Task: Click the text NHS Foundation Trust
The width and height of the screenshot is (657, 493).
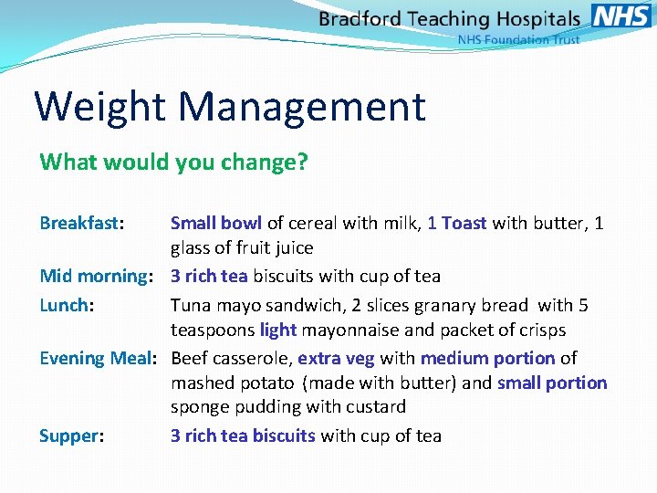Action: point(517,40)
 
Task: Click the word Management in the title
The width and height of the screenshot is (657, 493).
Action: point(302,107)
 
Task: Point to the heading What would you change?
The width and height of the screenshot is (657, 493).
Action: point(174,163)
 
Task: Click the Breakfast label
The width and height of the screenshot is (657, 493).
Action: point(80,223)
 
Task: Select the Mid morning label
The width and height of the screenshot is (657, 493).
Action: point(93,276)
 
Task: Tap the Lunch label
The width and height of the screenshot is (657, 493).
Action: point(63,305)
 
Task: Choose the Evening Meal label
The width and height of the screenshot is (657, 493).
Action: point(98,358)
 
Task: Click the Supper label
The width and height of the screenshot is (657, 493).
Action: point(69,435)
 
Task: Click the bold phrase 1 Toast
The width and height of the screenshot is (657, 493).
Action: point(457,223)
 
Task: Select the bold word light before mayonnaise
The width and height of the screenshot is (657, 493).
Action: point(278,330)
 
